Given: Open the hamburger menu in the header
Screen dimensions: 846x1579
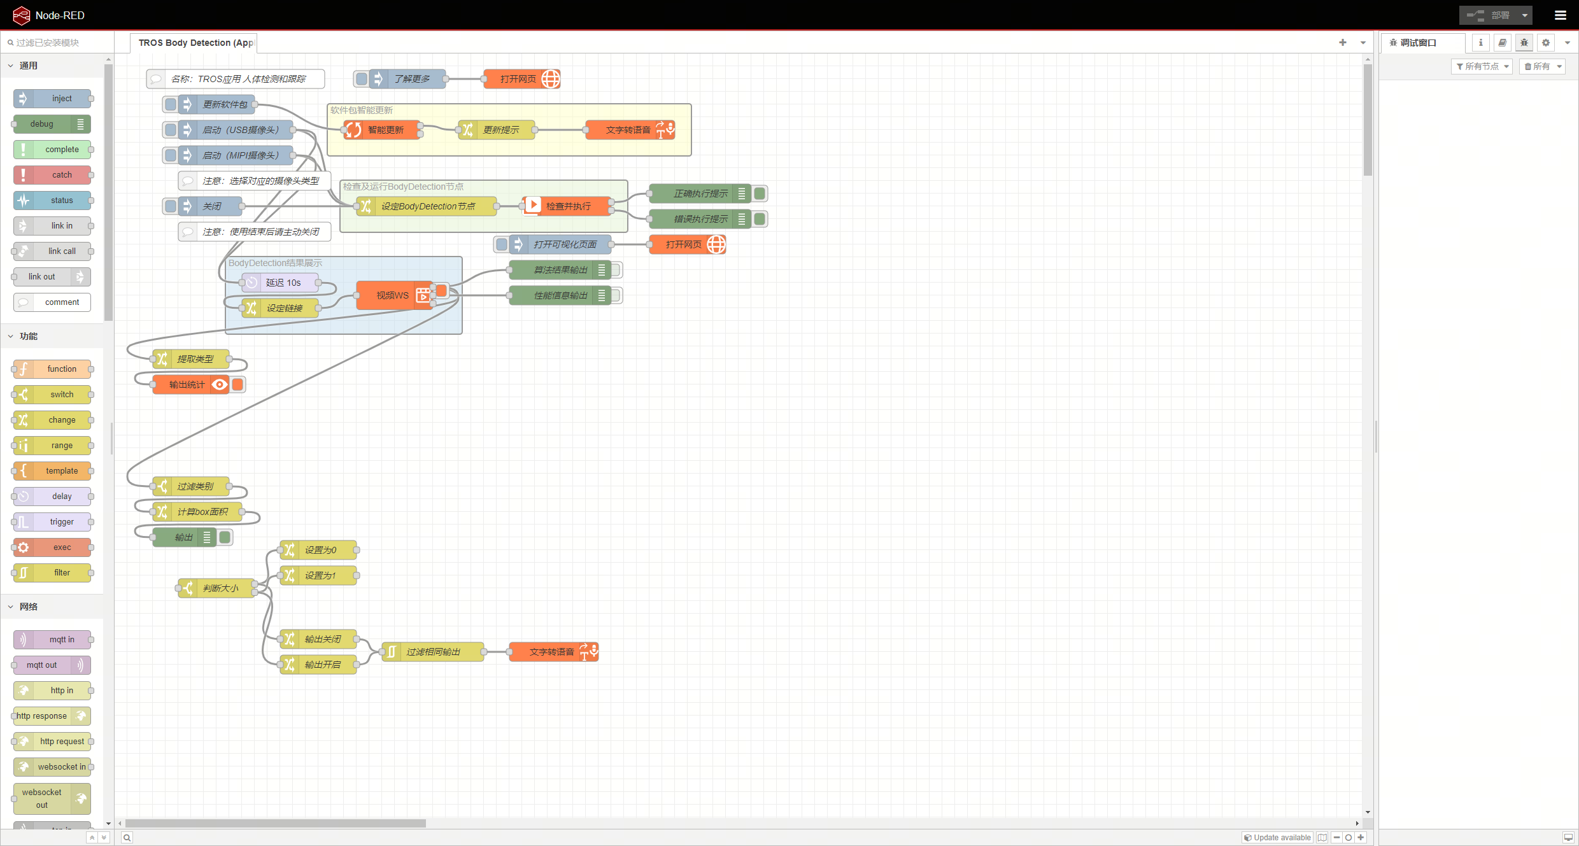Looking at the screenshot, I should [1560, 15].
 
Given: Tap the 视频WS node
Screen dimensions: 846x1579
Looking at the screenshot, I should [392, 295].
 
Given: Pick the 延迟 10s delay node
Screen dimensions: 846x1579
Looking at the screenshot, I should [283, 283].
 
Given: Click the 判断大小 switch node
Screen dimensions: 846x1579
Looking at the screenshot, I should [220, 588].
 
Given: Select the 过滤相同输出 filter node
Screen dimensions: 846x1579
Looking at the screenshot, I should [433, 652].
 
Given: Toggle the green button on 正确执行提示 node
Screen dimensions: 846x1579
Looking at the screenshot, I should [760, 194].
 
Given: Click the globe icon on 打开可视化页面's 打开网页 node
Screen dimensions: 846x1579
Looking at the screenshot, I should [716, 244].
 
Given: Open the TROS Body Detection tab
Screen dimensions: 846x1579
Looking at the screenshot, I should [195, 43].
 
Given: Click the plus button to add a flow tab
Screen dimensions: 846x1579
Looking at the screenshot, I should [1343, 43].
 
